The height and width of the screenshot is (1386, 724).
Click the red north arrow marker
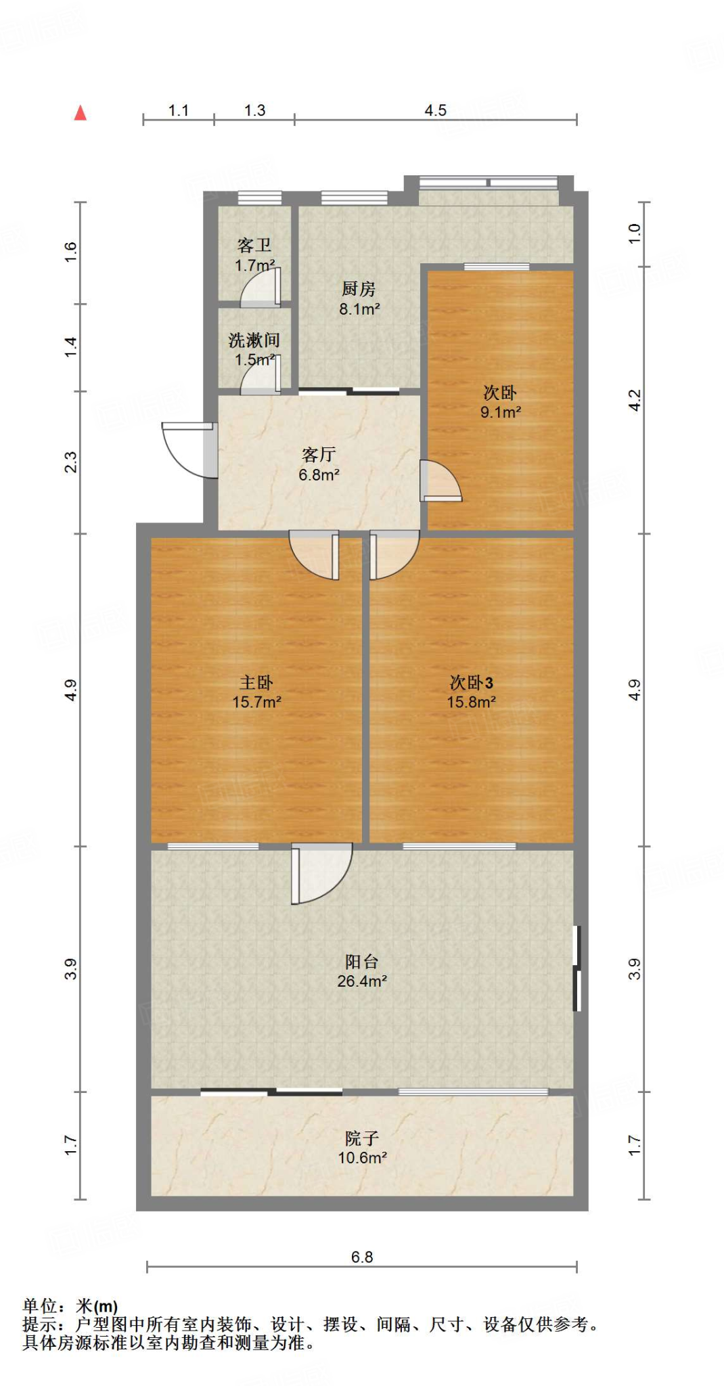(81, 113)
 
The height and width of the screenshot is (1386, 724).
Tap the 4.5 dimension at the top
(435, 110)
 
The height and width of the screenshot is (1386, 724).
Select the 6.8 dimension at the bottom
(362, 1257)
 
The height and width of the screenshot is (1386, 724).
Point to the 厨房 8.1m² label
(359, 298)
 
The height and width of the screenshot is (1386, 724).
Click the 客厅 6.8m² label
(319, 464)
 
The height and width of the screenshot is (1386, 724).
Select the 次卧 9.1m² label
(500, 402)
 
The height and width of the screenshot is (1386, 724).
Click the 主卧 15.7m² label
(256, 692)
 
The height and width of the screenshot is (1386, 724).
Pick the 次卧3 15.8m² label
(471, 692)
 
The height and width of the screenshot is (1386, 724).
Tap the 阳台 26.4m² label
(362, 970)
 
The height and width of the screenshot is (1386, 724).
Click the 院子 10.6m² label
(362, 1148)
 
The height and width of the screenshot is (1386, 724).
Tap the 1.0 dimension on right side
(634, 233)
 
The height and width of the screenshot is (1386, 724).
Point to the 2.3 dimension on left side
(70, 462)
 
